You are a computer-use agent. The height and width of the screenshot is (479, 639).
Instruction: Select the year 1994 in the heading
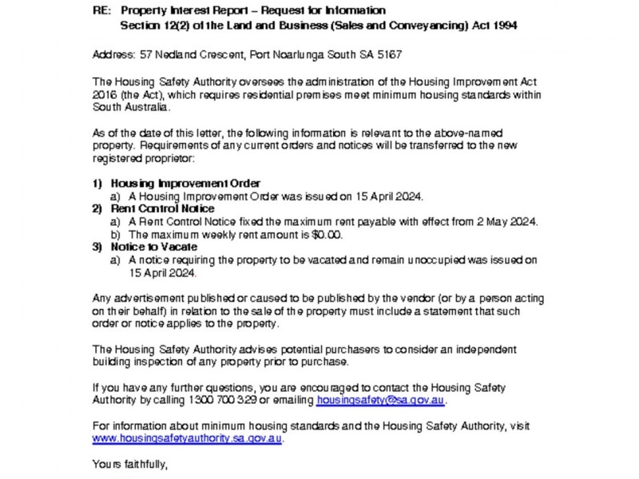pos(502,26)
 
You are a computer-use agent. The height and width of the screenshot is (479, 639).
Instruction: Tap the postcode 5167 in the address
pos(388,55)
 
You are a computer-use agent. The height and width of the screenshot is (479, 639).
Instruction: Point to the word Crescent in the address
pos(212,55)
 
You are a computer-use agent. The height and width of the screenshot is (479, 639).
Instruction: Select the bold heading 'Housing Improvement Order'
pos(185,184)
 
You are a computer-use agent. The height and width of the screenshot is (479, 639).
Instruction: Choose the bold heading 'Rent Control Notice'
pos(163,209)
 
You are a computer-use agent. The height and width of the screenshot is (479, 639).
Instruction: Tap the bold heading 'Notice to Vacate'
pos(153,247)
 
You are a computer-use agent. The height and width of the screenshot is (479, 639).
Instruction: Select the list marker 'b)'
pos(116,235)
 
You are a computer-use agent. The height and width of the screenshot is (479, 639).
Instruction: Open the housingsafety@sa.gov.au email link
pos(381,401)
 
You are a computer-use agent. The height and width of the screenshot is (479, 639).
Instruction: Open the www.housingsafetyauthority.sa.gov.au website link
pos(187,439)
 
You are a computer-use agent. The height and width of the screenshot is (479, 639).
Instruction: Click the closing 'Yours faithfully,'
pos(129,465)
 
